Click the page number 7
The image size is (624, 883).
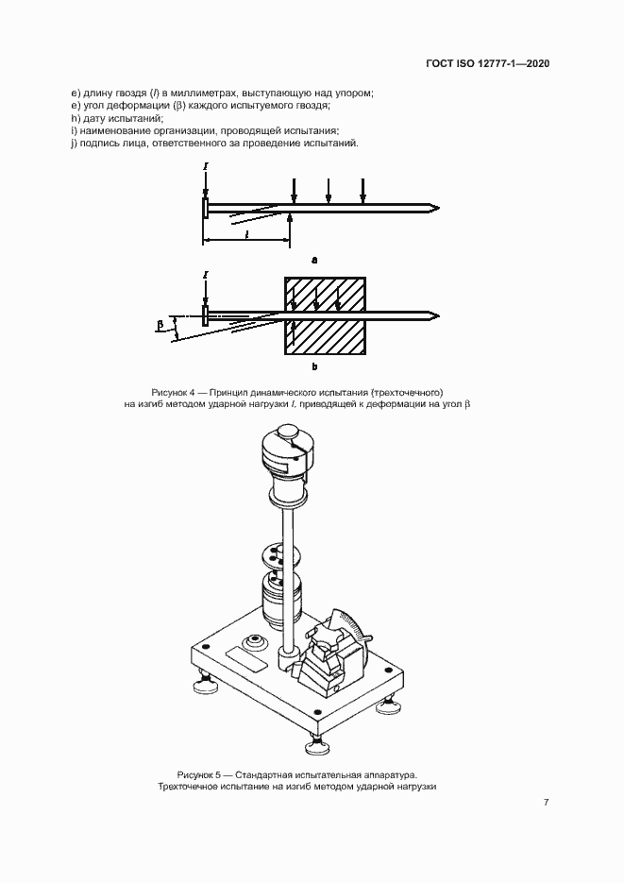(x=546, y=803)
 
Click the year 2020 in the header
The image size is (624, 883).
(x=531, y=64)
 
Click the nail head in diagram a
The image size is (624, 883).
(x=206, y=208)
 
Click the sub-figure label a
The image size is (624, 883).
(x=314, y=258)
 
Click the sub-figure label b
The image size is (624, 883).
(x=314, y=365)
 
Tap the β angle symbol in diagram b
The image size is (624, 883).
(x=160, y=326)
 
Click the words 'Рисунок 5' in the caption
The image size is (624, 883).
(x=198, y=773)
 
